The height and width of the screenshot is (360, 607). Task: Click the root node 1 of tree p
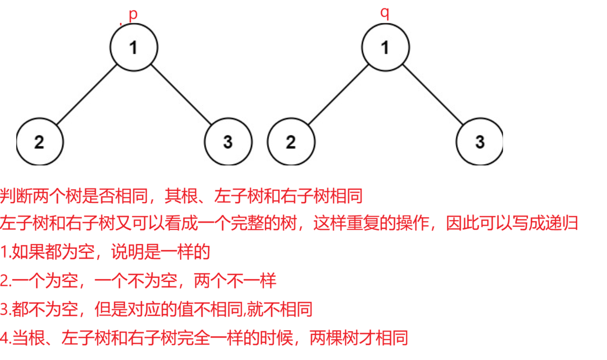134,47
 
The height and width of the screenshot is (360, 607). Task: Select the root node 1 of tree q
385,47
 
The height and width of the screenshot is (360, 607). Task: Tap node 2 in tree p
40,142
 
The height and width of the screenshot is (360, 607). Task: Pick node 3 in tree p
228,142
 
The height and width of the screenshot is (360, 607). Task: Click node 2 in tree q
291,142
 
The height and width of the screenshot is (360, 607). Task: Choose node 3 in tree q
480,142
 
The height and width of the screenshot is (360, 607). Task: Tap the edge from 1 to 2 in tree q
338,94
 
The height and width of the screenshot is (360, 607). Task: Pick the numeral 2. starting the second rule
5,281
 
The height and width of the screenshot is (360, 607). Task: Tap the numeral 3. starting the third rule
5,309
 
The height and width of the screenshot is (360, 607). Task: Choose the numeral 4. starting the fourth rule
5,338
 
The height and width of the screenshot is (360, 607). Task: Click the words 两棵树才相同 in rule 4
359,338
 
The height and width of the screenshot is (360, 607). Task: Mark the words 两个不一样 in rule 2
235,281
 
